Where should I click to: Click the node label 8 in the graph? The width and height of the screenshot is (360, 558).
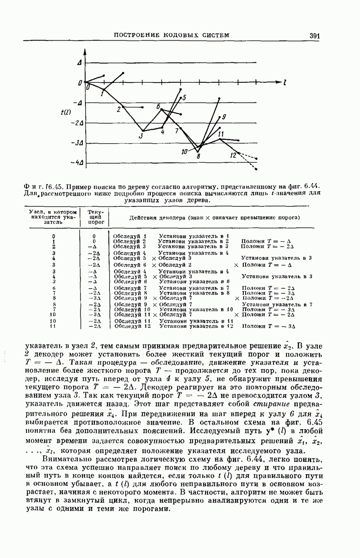tap(199, 156)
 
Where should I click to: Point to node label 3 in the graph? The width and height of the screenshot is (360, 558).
tap(140, 136)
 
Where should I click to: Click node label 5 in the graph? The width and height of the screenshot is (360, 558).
tap(184, 98)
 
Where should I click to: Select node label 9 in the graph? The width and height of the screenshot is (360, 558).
tap(224, 117)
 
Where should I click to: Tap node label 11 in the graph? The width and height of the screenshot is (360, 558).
tap(220, 134)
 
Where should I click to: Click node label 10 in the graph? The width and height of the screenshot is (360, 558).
tap(185, 151)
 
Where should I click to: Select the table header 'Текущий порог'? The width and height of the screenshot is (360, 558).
tap(95, 217)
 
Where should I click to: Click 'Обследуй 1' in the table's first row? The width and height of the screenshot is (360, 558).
tap(130, 236)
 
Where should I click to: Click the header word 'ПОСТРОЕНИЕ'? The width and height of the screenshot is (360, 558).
tap(138, 35)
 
